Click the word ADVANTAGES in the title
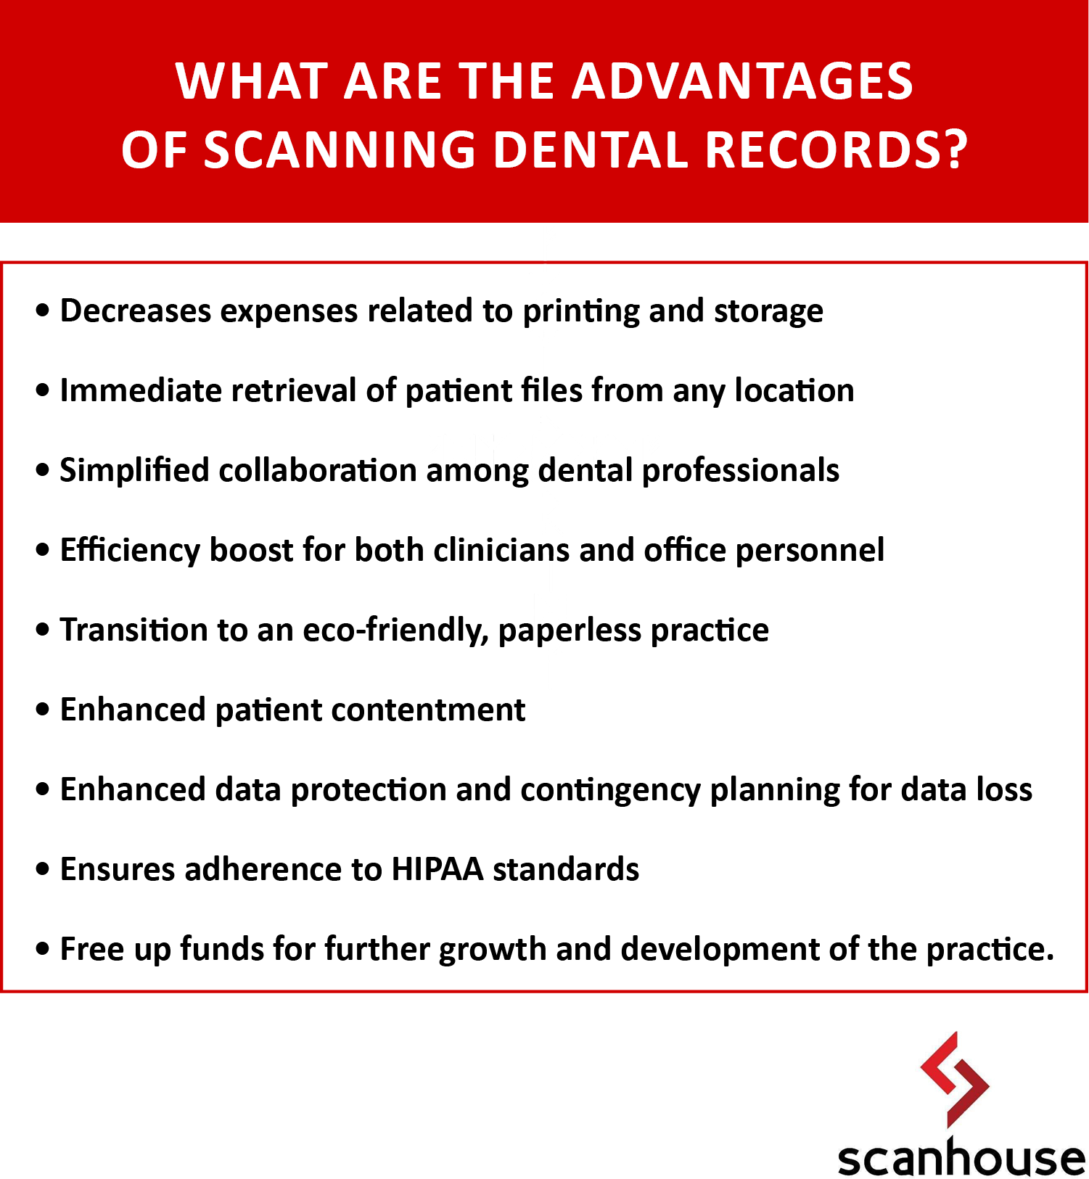(743, 81)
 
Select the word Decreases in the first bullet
(135, 311)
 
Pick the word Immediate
(141, 390)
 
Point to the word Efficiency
(130, 551)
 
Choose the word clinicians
(501, 550)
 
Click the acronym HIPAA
(437, 869)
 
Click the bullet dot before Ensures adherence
(44, 868)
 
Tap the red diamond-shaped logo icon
(954, 1080)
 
